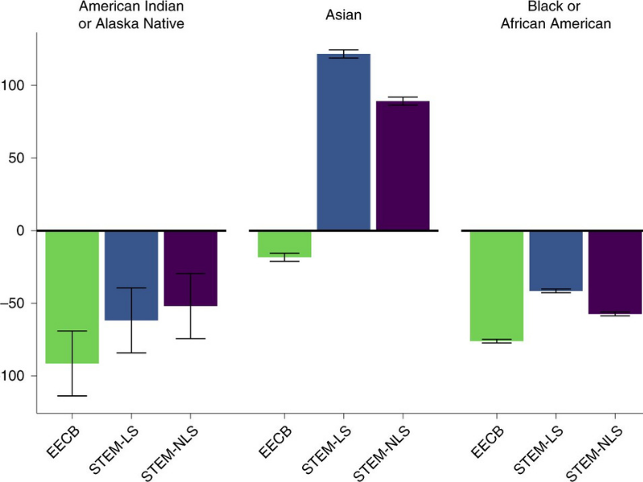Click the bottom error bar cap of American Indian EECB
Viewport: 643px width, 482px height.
tap(72, 396)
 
